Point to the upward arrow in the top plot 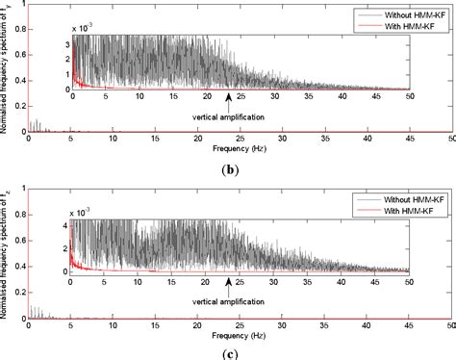coord(228,97)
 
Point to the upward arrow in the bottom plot coord(228,284)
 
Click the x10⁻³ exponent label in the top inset coord(85,30)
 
